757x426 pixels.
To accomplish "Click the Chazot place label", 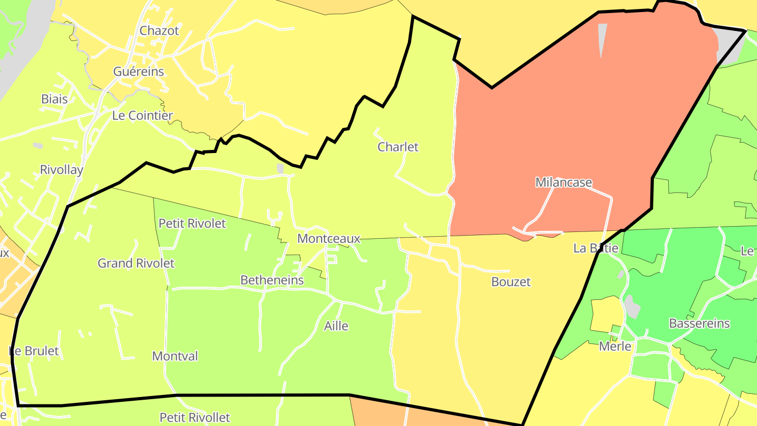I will pos(159,31).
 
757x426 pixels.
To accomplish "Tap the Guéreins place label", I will pos(139,72).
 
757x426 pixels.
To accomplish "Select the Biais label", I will pos(54,99).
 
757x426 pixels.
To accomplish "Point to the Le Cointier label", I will pos(142,116).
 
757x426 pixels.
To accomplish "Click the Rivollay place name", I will pos(62,170).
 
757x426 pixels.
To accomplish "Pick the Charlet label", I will pos(398,147).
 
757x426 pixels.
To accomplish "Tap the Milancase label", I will pos(564,182).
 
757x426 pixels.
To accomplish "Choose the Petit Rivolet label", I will pos(192,224).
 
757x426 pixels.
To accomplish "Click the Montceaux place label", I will pos(329,239).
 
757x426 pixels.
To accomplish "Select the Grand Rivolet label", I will pos(136,263).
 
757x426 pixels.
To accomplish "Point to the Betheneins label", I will pos(272,280).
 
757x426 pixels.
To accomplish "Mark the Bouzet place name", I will pos(511,282).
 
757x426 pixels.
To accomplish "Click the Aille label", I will pos(336,326).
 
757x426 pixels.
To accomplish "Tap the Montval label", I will pos(175,356).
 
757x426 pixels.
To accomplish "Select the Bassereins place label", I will pos(699,323).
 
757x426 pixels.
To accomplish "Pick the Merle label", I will pos(615,347).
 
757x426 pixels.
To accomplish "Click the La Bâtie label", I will pos(596,248).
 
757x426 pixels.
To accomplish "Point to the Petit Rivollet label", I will pos(195,418).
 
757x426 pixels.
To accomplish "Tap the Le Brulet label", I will pos(34,351).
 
